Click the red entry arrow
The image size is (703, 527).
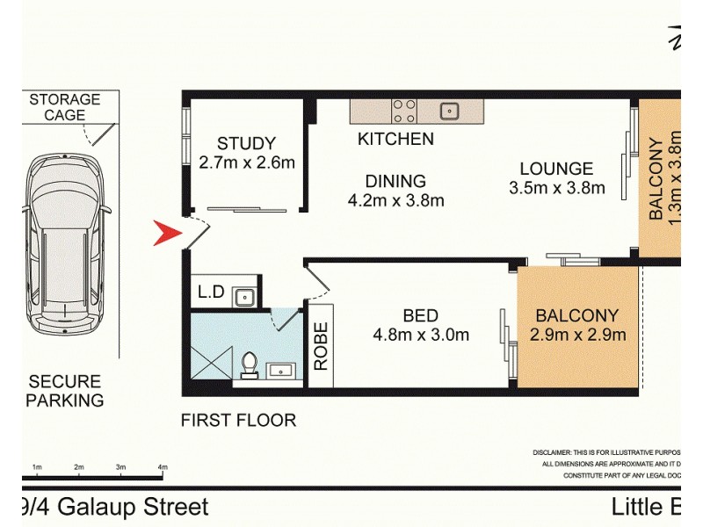click(x=167, y=235)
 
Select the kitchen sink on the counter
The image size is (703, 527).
click(x=450, y=111)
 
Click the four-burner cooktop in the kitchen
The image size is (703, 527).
click(x=404, y=111)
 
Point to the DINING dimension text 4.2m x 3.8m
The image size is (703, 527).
click(x=395, y=200)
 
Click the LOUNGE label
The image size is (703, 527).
click(x=556, y=169)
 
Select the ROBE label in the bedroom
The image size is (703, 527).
click(x=320, y=345)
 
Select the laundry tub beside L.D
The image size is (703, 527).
click(x=243, y=297)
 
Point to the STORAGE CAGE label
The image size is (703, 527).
click(x=65, y=107)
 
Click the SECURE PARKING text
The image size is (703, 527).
click(x=65, y=391)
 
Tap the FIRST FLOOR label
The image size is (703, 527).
click(x=238, y=420)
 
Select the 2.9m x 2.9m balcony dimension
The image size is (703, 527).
click(x=577, y=334)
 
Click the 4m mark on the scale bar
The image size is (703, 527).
click(x=162, y=467)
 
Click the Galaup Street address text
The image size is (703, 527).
click(x=114, y=507)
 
